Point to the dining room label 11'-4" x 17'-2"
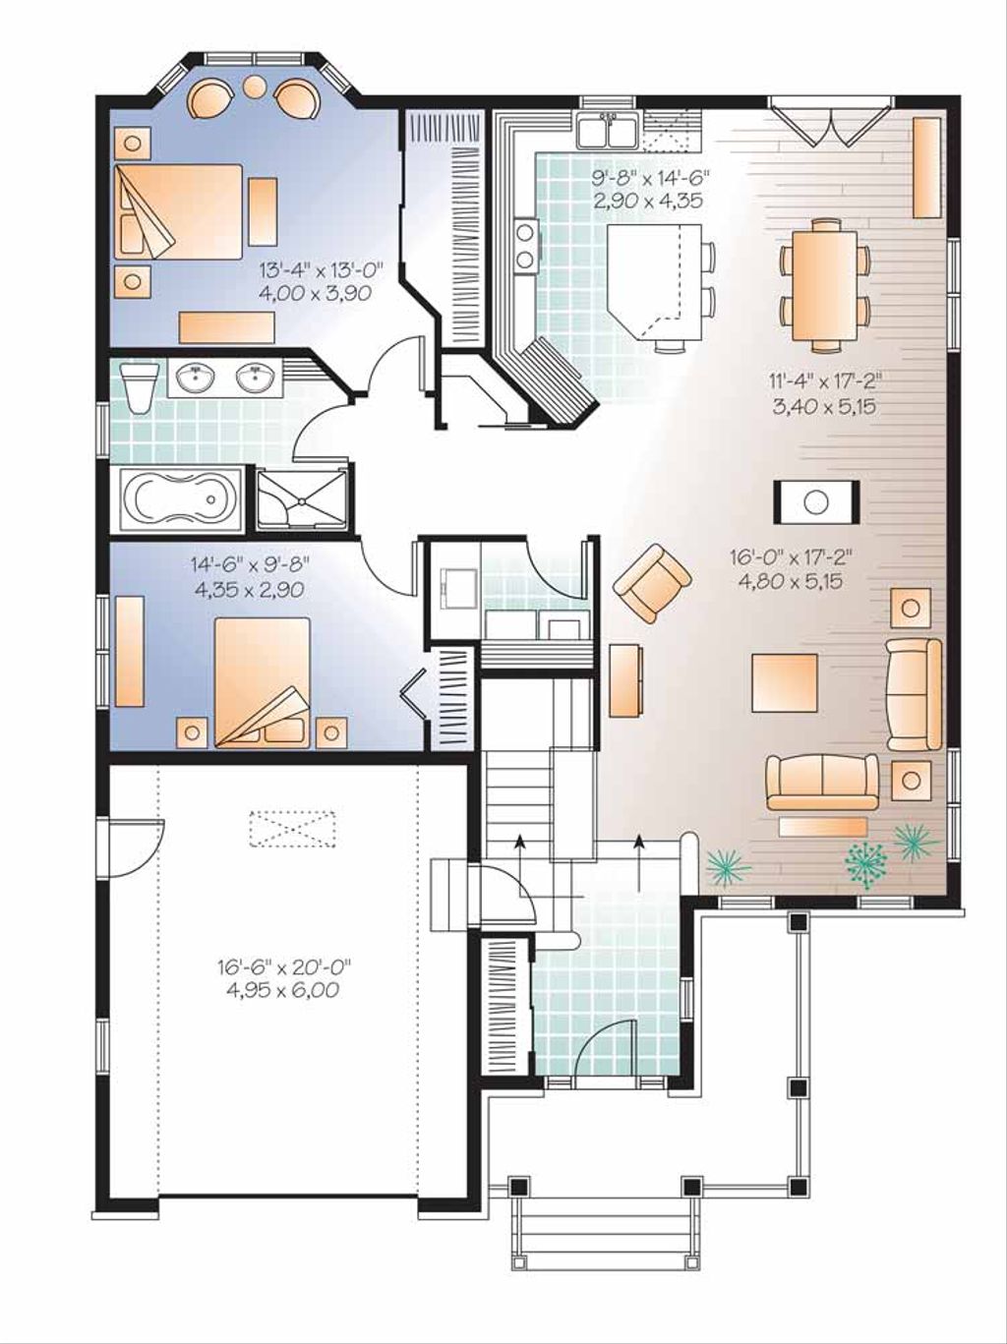[x=824, y=392]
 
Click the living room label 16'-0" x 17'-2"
[x=792, y=568]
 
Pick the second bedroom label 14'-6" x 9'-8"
[x=250, y=577]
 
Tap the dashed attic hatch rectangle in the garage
[x=292, y=827]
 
